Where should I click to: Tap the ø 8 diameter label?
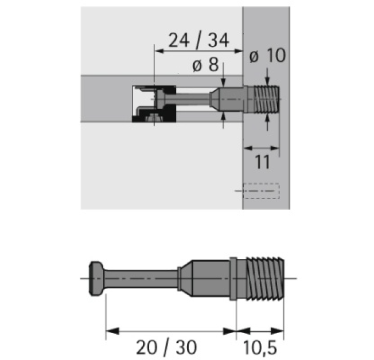(205, 65)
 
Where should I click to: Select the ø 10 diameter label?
(267, 55)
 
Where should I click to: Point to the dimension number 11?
(262, 162)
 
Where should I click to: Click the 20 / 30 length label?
(166, 347)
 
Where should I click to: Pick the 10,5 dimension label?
(260, 347)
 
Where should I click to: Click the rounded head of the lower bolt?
(96, 279)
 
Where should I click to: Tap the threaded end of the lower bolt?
(265, 279)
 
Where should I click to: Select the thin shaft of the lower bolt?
(141, 279)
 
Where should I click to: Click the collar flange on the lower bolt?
(233, 279)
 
